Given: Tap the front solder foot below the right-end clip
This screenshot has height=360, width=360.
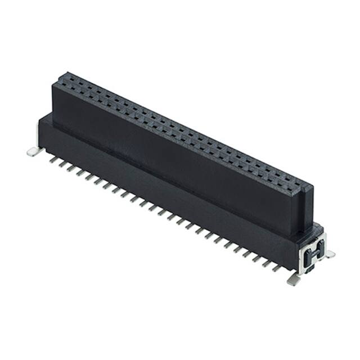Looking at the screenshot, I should [x=293, y=278].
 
